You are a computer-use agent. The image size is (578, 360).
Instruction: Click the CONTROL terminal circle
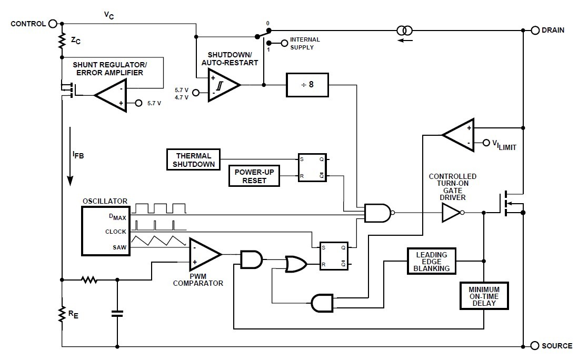53,23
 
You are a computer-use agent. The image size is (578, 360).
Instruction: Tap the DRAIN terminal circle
535,30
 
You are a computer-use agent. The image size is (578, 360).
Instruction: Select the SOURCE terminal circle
535,346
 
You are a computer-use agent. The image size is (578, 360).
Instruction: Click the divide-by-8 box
307,85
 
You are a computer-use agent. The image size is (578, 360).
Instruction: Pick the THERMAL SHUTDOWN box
194,159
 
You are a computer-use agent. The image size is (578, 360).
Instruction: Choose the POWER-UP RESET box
254,176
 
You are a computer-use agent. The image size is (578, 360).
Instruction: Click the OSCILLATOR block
105,230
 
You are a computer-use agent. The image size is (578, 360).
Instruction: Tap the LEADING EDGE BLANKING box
432,261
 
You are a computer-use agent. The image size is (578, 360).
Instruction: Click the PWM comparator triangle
204,254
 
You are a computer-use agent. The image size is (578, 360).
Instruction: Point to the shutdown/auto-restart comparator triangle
223,85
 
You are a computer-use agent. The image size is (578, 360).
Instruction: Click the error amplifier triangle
112,95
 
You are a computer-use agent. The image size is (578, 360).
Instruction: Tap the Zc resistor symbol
62,41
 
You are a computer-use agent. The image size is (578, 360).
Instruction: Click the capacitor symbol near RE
117,314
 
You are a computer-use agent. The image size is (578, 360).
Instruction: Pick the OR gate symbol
296,264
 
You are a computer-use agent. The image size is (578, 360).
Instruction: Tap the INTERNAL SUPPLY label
305,43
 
